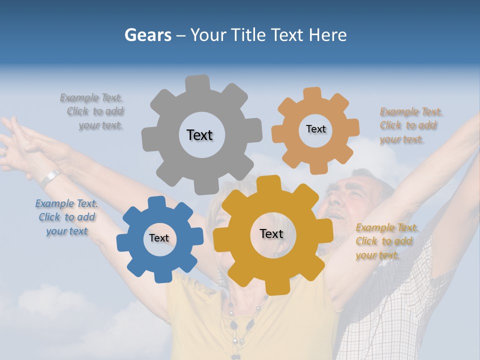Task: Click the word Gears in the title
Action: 147,35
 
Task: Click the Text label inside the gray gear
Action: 199,135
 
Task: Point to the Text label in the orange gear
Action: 315,129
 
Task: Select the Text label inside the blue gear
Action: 159,238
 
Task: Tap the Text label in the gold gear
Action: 271,233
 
